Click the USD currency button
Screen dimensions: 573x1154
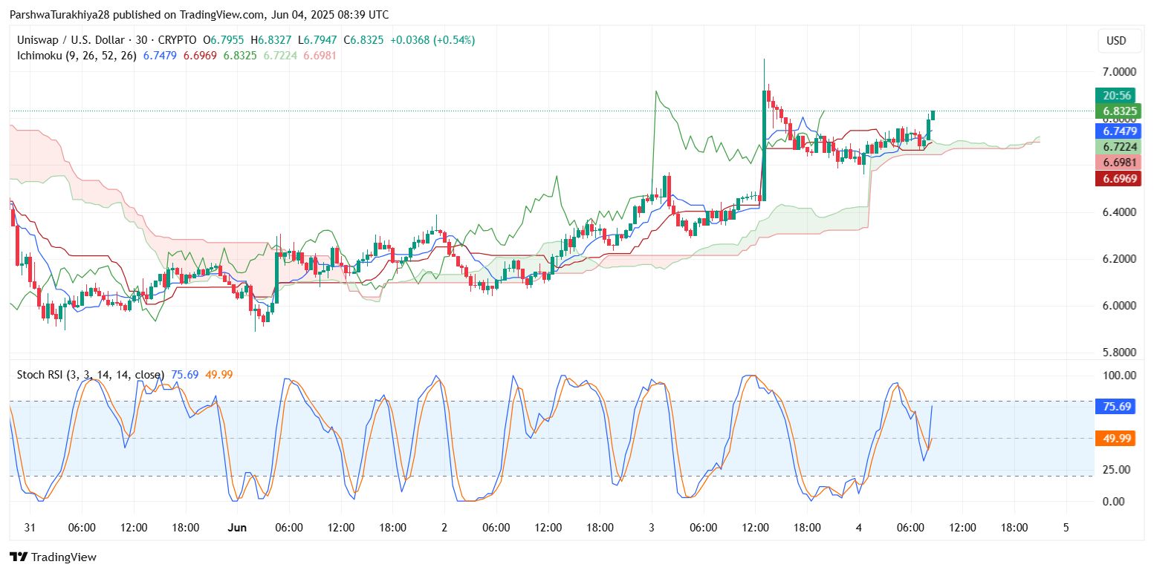pos(1116,41)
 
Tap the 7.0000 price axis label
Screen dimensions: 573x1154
pos(1118,72)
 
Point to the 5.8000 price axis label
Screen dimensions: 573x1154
pos(1118,352)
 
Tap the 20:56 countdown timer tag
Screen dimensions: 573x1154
pos(1118,96)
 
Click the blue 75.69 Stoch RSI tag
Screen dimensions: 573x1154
pos(1118,406)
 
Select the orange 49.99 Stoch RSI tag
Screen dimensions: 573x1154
pos(1118,439)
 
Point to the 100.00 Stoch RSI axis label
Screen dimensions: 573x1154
pos(1120,375)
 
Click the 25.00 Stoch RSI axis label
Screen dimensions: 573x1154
pos(1118,469)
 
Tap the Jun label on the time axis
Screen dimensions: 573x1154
pos(237,528)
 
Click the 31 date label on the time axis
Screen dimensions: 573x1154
pos(30,528)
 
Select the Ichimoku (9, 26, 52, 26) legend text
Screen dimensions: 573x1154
pos(77,56)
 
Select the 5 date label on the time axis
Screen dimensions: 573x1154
pos(1066,528)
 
